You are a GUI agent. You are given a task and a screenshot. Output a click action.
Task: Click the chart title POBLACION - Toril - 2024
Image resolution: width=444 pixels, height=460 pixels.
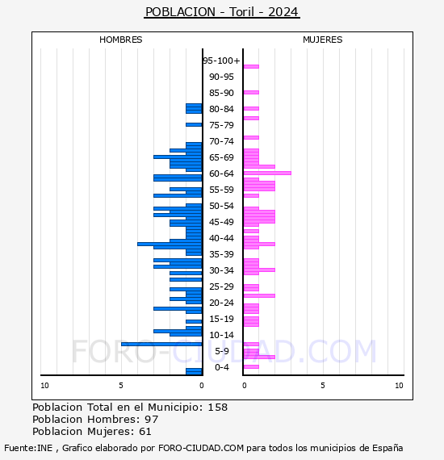[222, 12]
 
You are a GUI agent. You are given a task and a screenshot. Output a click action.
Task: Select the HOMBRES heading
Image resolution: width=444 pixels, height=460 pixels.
[120, 40]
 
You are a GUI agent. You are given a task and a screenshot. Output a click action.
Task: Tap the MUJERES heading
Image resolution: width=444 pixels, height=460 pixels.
[323, 40]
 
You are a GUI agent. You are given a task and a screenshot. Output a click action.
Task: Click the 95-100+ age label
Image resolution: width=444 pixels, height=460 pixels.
[221, 61]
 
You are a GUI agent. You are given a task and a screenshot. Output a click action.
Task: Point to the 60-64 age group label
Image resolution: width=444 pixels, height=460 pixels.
[221, 174]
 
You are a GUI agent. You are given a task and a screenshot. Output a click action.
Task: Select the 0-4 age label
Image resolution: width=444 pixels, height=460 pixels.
[221, 367]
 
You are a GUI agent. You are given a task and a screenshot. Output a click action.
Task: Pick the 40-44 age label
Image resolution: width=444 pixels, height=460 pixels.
[221, 238]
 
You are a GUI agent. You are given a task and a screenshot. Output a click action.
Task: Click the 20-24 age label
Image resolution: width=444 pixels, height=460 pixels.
[221, 303]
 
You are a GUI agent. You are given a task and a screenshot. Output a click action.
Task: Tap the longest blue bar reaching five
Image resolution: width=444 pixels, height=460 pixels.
[161, 344]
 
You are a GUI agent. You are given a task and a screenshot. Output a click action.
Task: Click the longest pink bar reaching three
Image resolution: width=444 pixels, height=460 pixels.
[267, 173]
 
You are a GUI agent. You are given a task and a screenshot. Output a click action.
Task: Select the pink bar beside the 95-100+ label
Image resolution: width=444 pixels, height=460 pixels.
[251, 67]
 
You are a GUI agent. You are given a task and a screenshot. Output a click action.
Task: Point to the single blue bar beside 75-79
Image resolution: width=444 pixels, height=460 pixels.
[194, 124]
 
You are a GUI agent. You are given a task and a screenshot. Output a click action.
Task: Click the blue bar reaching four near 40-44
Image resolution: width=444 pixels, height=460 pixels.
[170, 244]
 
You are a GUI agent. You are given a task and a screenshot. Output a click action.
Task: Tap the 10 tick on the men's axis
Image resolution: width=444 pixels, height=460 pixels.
[44, 386]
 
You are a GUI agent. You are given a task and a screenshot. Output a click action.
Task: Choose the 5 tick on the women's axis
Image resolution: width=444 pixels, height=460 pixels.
[323, 386]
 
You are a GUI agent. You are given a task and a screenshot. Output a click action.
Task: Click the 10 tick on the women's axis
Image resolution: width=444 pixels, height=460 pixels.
[399, 386]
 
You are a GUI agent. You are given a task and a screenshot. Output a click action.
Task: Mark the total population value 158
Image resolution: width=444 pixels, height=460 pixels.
[218, 408]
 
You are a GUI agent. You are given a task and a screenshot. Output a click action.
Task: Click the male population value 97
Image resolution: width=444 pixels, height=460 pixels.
[152, 420]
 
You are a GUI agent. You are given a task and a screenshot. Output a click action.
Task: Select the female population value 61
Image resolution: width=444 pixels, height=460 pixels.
[145, 432]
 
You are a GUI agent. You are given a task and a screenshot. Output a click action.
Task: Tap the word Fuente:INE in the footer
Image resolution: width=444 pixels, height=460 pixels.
[28, 448]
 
